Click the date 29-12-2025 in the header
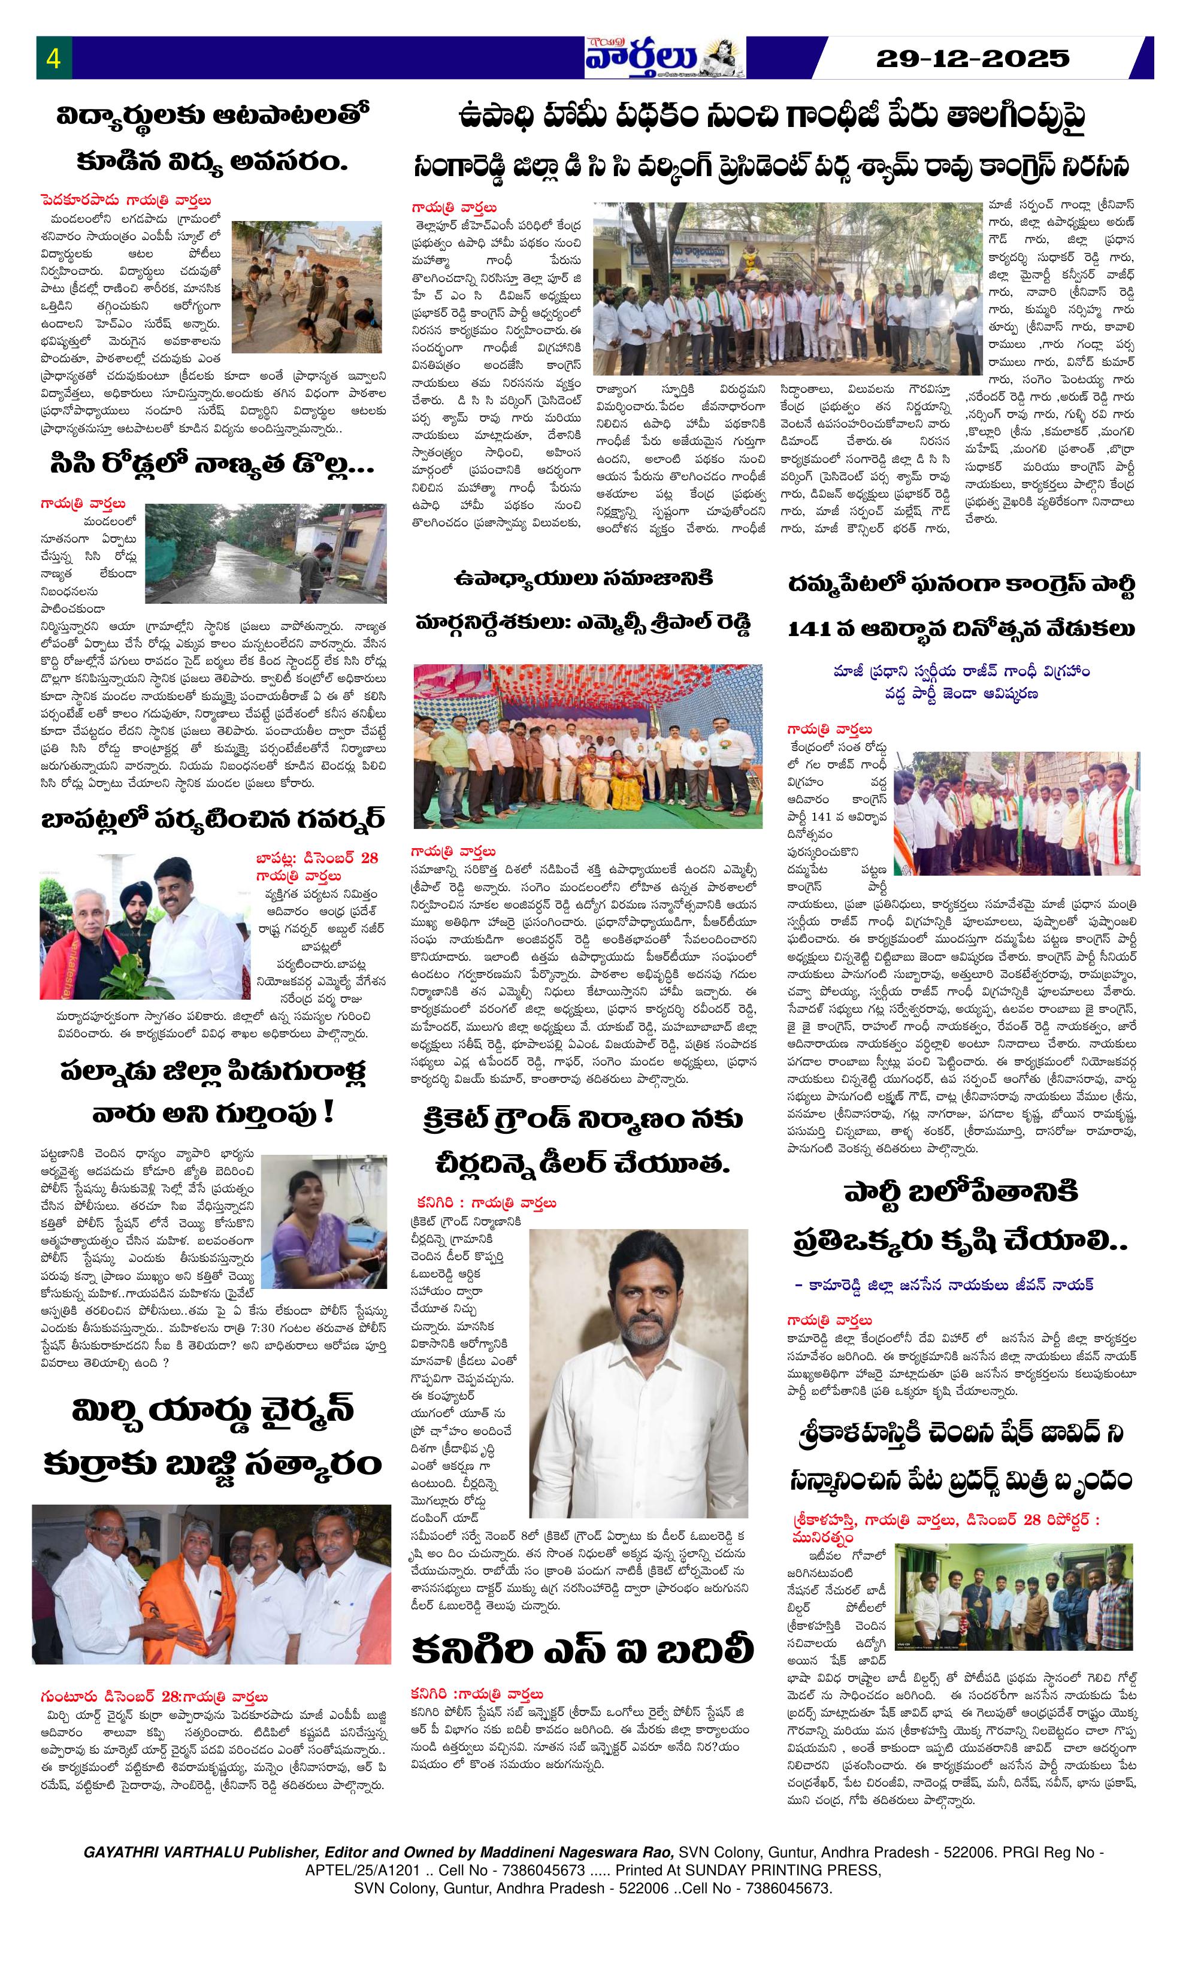click(x=973, y=58)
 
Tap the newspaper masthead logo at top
click(x=664, y=58)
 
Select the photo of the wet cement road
click(x=265, y=553)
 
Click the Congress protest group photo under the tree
click(x=786, y=289)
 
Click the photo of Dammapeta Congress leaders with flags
click(x=1016, y=812)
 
